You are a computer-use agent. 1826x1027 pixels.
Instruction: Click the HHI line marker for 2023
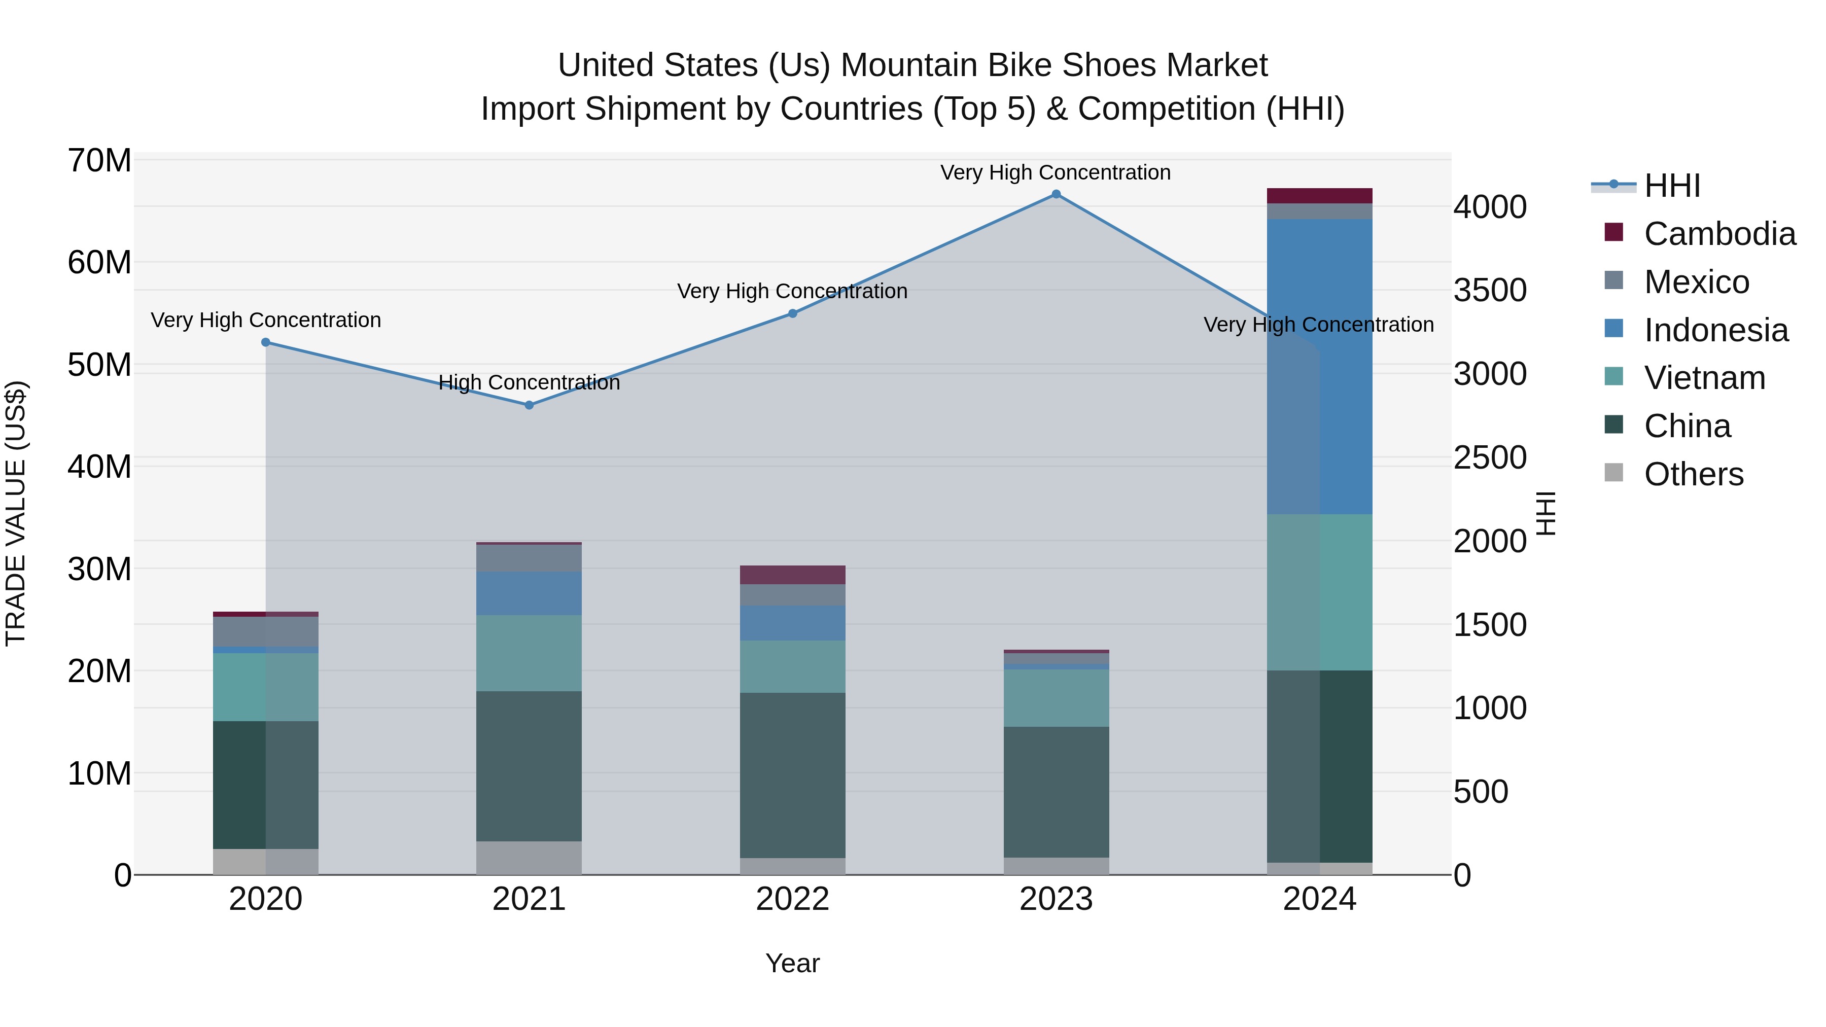click(1056, 194)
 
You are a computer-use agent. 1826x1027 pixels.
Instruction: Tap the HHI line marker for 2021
click(529, 405)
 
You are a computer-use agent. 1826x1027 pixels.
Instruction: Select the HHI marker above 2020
click(266, 342)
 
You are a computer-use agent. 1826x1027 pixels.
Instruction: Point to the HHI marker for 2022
click(792, 313)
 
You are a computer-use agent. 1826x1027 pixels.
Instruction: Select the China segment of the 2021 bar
click(529, 766)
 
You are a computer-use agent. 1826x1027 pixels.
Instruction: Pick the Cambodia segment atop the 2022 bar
click(792, 575)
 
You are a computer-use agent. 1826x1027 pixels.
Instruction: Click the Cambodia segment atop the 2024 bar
click(1319, 196)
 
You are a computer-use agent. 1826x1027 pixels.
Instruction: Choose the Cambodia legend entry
click(1719, 234)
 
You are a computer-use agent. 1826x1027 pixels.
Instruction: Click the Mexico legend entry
click(1696, 282)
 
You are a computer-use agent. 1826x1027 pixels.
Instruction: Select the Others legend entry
click(1693, 474)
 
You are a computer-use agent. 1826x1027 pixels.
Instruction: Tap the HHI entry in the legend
click(1671, 186)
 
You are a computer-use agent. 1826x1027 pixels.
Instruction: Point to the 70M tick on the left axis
click(99, 161)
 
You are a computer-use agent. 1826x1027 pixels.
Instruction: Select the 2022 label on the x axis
click(792, 899)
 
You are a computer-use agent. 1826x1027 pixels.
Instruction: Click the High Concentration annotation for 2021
click(529, 383)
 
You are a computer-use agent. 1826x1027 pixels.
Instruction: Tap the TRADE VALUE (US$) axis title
click(16, 513)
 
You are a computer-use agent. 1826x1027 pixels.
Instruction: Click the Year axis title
click(792, 963)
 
